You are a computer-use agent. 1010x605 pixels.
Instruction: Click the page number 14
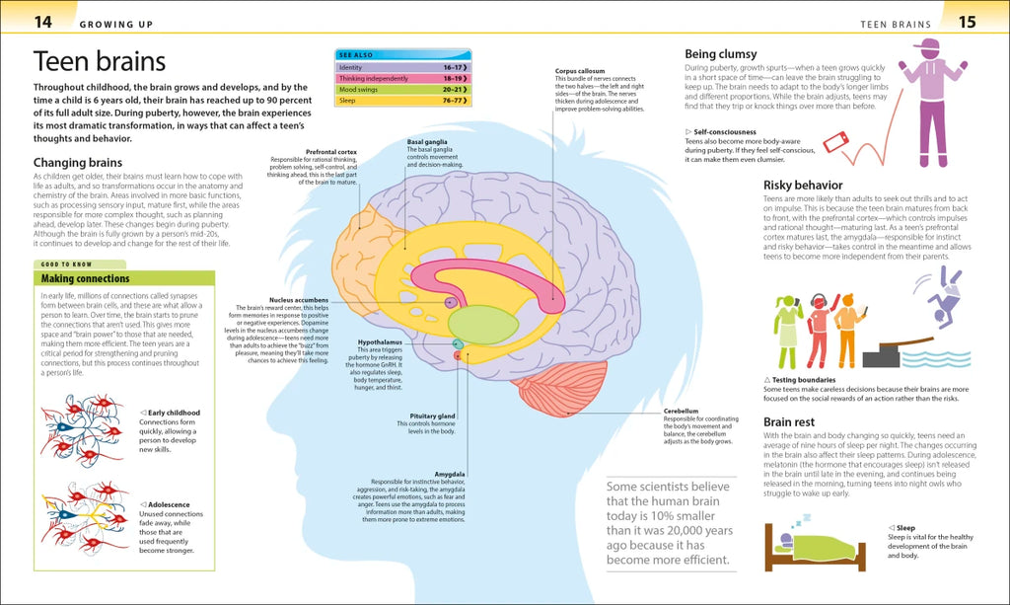point(42,21)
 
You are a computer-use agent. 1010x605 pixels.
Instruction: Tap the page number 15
point(967,21)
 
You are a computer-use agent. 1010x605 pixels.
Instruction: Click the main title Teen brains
point(100,62)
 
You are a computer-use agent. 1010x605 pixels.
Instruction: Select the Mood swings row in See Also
point(403,89)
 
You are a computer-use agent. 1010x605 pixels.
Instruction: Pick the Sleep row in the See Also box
point(403,100)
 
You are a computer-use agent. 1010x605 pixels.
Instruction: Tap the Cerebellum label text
point(681,410)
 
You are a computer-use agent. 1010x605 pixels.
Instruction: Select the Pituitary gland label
point(433,416)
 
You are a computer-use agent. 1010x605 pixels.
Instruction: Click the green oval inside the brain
point(482,325)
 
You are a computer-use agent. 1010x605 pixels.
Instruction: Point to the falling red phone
point(835,142)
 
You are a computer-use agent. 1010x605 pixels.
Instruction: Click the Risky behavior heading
point(803,185)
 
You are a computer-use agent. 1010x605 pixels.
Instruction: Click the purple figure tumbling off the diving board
point(944,295)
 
